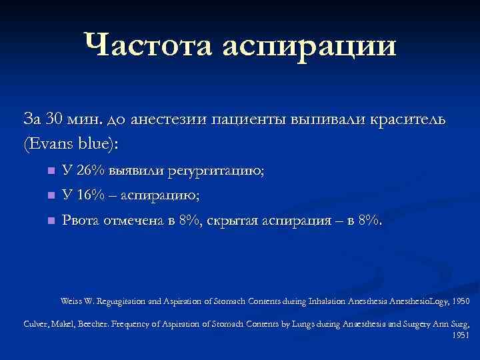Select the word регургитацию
pos(221,172)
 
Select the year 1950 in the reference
pos(460,301)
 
